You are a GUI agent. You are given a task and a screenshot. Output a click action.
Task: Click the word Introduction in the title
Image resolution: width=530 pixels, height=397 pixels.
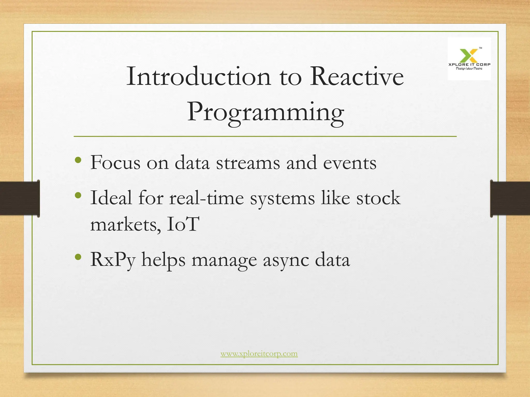(x=198, y=76)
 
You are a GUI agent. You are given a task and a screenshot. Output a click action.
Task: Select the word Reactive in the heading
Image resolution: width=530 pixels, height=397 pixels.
(x=357, y=76)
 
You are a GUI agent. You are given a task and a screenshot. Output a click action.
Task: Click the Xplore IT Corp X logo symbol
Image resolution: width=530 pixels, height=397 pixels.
(x=469, y=55)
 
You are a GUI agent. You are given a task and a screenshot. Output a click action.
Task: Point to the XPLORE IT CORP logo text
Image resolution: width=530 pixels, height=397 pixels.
(x=469, y=64)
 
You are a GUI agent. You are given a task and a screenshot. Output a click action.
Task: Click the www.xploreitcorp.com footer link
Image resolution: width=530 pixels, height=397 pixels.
(x=259, y=354)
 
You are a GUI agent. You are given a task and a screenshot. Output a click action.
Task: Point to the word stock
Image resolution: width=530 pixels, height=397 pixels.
(x=379, y=198)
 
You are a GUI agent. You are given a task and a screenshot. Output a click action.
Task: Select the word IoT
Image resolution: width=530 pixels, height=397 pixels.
(x=183, y=224)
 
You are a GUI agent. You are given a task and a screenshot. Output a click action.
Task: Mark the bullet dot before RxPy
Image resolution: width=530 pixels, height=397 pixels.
(x=78, y=257)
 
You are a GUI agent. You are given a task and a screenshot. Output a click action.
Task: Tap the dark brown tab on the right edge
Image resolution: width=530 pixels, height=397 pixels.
(x=510, y=198)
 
